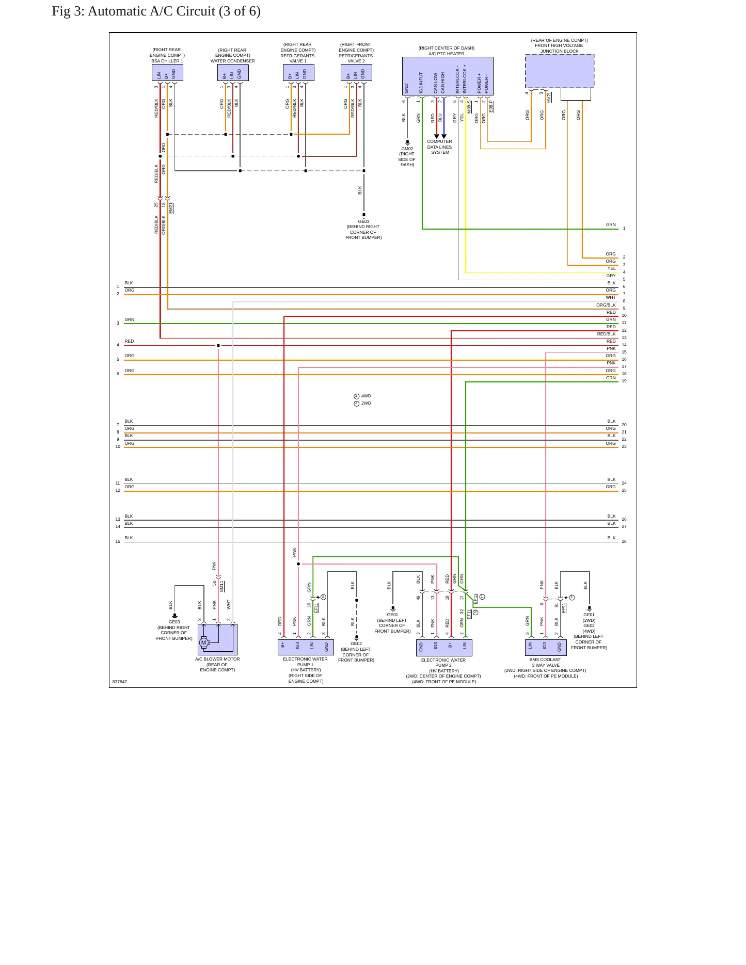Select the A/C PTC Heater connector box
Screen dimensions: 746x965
(448, 76)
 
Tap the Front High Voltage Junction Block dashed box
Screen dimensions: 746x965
(560, 71)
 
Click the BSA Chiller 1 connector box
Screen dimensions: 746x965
(167, 73)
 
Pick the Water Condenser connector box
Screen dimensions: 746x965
(233, 73)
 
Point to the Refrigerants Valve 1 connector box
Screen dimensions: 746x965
(298, 73)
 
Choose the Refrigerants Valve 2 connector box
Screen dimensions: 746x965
(356, 73)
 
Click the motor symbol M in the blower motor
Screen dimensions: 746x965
(203, 642)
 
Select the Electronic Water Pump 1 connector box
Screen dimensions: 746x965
(305, 648)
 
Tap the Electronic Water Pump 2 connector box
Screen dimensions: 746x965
(444, 648)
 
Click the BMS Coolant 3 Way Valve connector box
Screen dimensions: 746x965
(546, 648)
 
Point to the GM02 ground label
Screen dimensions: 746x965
(407, 149)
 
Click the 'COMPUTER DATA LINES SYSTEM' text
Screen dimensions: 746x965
(440, 147)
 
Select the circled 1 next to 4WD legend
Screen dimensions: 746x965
(356, 396)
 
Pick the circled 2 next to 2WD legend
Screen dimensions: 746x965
(356, 404)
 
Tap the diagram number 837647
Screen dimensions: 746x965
(120, 682)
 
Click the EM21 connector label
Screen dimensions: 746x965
(171, 208)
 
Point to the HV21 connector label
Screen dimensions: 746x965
(549, 97)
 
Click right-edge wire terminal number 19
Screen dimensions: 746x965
(624, 381)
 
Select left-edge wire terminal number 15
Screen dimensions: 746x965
(118, 541)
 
